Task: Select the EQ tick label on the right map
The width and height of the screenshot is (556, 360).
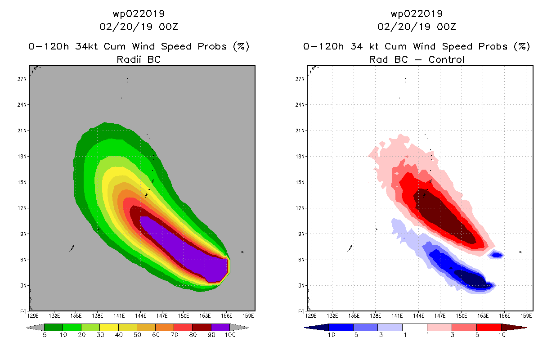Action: (301, 311)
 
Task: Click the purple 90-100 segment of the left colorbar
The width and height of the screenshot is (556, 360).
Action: (220, 327)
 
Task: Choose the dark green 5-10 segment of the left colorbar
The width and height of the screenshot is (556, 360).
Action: (53, 327)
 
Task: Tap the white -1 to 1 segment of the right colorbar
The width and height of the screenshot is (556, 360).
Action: (414, 327)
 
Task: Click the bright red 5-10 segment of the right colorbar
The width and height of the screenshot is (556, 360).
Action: (489, 327)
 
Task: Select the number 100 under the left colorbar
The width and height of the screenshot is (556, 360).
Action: (230, 335)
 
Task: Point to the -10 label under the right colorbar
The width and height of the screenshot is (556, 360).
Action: (329, 335)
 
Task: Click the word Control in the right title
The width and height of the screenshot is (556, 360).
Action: (446, 59)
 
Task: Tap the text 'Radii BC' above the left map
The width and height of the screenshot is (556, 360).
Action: (139, 59)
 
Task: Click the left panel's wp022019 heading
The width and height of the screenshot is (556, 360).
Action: (139, 14)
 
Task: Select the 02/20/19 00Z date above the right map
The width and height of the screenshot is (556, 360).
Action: (417, 27)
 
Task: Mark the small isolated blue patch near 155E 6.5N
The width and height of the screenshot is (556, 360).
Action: (497, 255)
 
